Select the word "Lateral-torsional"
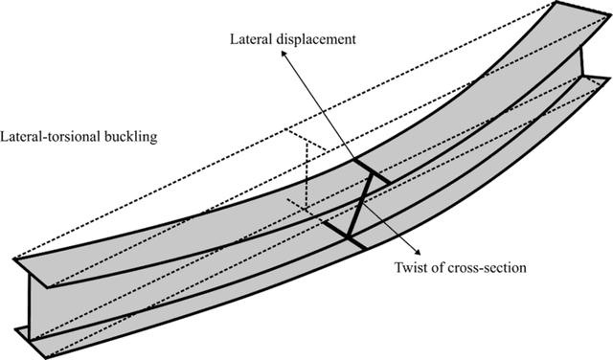click(51, 136)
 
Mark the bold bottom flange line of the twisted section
click(341, 237)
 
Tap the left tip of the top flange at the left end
click(16, 260)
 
